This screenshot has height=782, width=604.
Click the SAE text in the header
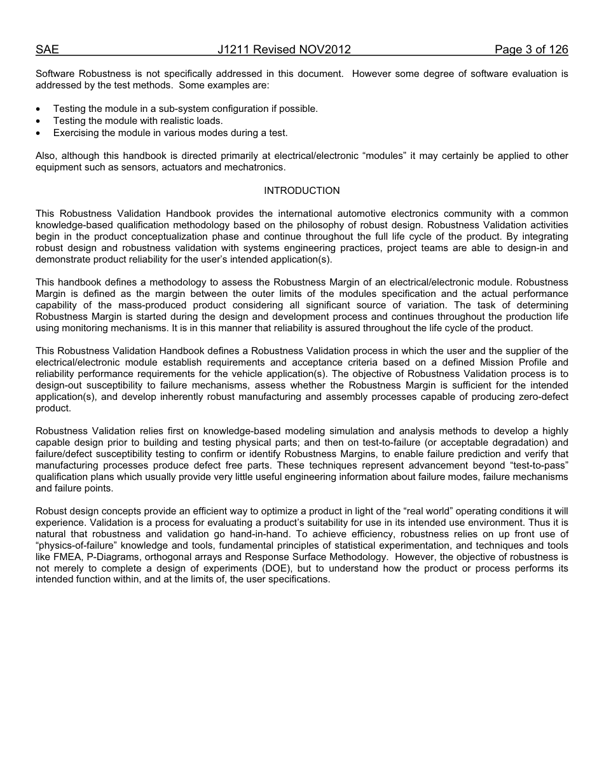pos(47,50)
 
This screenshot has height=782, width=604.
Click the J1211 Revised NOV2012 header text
pos(284,50)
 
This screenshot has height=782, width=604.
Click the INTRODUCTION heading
pos(302,191)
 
